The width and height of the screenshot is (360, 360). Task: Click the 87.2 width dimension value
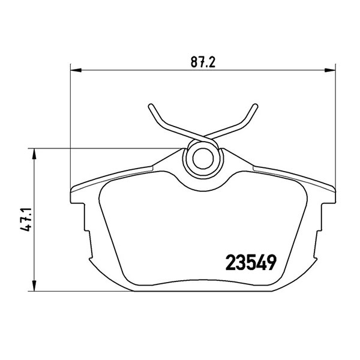(x=203, y=62)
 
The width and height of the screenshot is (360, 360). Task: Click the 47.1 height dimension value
(x=25, y=220)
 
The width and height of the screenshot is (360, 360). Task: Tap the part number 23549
(x=251, y=263)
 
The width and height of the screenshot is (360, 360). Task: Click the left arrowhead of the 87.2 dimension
(x=76, y=70)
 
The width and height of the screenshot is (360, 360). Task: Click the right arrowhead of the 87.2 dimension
(x=330, y=70)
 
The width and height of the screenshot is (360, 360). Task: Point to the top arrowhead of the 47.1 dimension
(x=34, y=154)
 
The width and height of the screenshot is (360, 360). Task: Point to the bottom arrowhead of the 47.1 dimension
(x=34, y=286)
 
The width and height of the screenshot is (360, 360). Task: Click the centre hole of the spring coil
(x=203, y=158)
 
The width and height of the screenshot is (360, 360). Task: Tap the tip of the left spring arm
(x=151, y=106)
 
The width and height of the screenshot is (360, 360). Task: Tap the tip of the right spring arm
(x=255, y=106)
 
